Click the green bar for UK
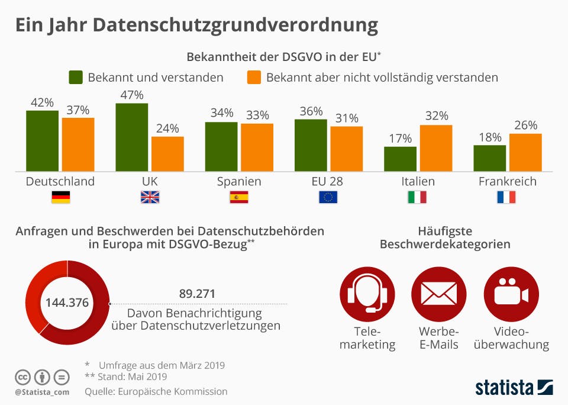(x=132, y=137)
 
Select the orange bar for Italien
(x=436, y=148)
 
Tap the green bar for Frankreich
(x=490, y=158)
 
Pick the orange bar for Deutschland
(x=78, y=144)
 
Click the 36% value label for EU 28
(x=311, y=111)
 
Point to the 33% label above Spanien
(x=257, y=115)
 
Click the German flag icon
(x=60, y=197)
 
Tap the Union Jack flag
(x=150, y=197)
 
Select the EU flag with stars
(x=328, y=197)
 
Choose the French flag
(x=506, y=197)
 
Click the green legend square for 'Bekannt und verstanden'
(x=76, y=78)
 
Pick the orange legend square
(x=254, y=78)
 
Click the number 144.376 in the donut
(x=67, y=303)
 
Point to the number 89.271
(x=197, y=294)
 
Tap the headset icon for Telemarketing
(x=367, y=294)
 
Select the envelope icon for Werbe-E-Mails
(x=439, y=294)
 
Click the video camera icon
(x=511, y=294)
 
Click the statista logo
(x=514, y=387)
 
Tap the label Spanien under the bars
(x=239, y=181)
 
